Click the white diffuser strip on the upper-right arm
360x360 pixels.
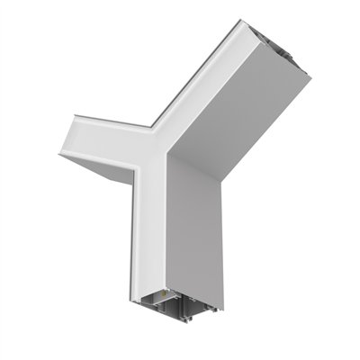[x=198, y=85]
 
